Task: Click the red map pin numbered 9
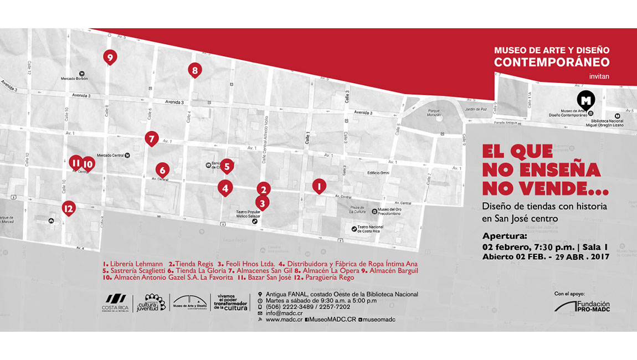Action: tap(110, 57)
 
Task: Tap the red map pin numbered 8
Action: tap(194, 70)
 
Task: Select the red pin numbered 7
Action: tap(151, 138)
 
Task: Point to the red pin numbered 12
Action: tap(68, 208)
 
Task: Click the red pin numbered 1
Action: tap(318, 186)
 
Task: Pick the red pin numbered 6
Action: tap(162, 169)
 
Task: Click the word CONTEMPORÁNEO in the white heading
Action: tap(552, 62)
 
